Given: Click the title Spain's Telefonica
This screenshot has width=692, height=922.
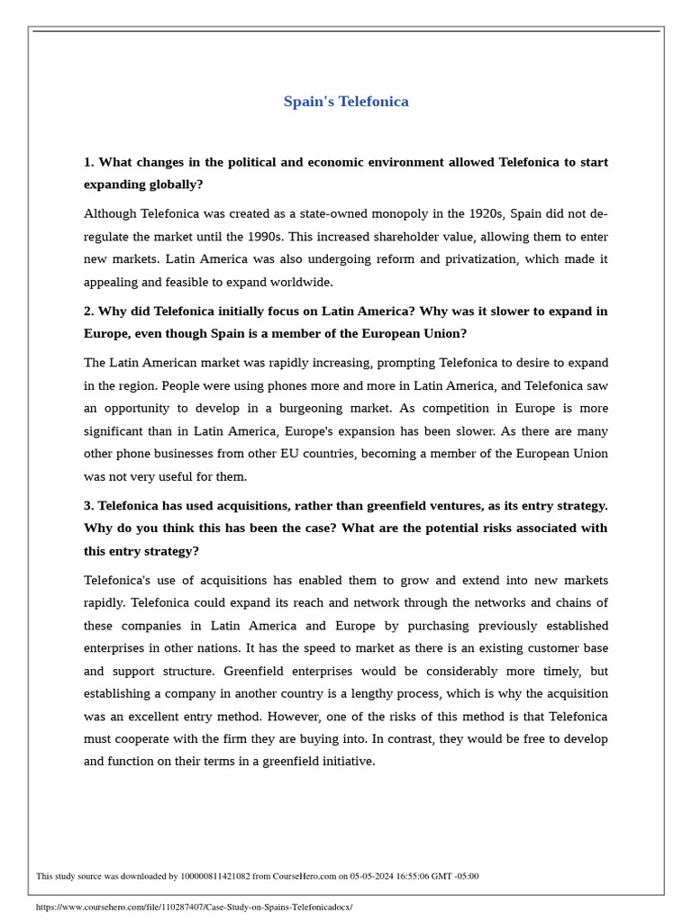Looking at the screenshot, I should pos(346,102).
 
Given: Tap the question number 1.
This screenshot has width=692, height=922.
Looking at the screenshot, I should pos(88,162).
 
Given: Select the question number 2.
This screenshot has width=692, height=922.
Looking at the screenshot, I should pos(88,312).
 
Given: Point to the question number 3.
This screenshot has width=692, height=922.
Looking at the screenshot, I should pos(88,506).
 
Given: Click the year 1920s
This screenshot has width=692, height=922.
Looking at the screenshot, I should pos(486,214).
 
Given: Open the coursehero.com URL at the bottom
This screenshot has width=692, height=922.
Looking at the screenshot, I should pos(194,907).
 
